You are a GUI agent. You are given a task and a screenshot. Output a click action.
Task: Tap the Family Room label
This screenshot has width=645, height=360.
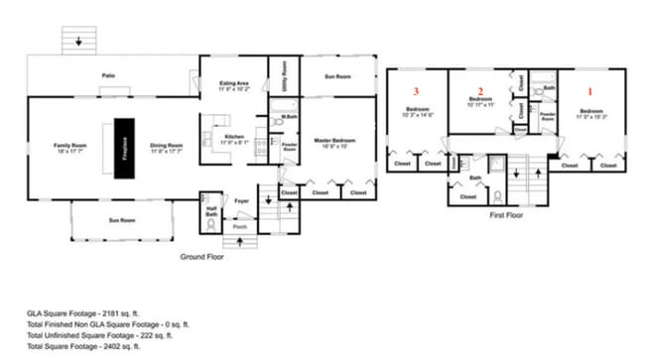(70, 148)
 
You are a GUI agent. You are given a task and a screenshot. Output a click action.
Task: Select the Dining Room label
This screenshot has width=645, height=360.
(166, 148)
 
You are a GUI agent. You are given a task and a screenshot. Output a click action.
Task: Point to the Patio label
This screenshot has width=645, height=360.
(108, 76)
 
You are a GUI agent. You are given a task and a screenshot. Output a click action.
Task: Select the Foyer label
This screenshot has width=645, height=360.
(241, 200)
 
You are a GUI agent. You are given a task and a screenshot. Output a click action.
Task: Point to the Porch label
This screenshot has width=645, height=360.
(240, 226)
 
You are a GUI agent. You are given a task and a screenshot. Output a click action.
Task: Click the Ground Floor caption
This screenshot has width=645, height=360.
(201, 257)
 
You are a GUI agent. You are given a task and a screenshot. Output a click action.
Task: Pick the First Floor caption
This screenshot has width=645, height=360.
(507, 212)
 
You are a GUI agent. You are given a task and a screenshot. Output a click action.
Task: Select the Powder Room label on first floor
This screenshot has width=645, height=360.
(547, 117)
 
